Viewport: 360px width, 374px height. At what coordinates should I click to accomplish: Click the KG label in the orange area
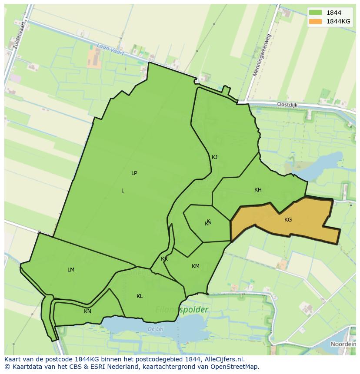288,220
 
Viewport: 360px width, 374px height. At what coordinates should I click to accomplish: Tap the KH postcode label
258,190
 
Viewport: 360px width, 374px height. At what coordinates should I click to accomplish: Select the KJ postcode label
214,157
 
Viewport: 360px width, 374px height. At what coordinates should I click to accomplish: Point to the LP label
134,173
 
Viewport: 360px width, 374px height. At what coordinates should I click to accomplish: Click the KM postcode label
196,266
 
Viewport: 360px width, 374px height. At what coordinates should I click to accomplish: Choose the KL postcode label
140,296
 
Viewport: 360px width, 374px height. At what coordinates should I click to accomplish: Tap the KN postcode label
87,311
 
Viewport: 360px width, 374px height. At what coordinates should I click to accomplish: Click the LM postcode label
71,270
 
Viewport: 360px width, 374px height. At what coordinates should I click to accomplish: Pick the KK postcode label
164,259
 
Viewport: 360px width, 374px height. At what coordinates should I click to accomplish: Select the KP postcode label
208,224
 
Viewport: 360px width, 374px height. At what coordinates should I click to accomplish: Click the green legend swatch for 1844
316,13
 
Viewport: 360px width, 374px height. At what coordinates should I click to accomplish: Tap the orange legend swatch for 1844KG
316,21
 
